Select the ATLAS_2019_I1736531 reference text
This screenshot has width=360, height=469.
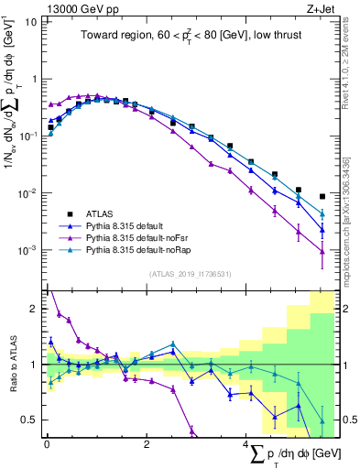click(190, 273)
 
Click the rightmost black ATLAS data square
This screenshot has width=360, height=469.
click(322, 196)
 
